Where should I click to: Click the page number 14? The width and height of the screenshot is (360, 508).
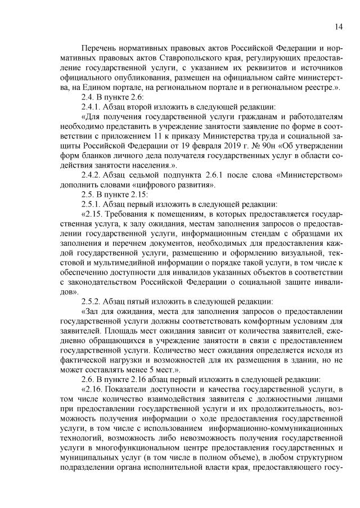pyautogui.click(x=339, y=26)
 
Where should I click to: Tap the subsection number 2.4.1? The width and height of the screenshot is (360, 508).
pyautogui.click(x=93, y=107)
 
